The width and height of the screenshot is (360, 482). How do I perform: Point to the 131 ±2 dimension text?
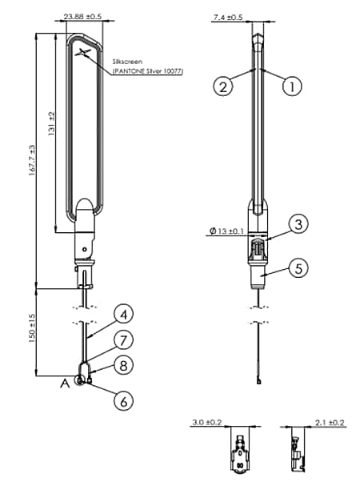[50, 123]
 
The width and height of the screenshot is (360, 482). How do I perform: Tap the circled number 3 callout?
[298, 226]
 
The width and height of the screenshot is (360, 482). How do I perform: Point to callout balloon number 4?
[122, 313]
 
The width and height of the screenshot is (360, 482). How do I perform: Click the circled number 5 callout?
[298, 268]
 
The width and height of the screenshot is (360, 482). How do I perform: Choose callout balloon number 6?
[122, 401]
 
